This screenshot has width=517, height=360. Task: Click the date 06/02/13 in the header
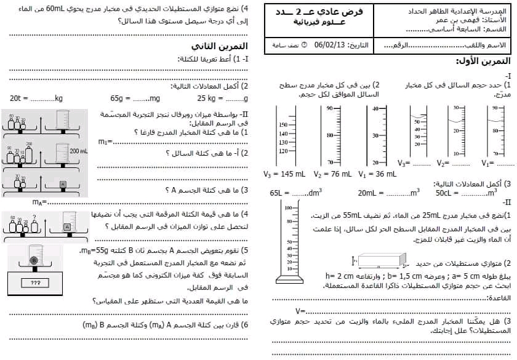point(329,45)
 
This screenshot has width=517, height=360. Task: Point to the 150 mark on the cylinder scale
point(283,125)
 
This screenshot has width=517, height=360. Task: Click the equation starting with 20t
point(36,98)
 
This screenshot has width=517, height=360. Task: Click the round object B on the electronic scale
point(34,261)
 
